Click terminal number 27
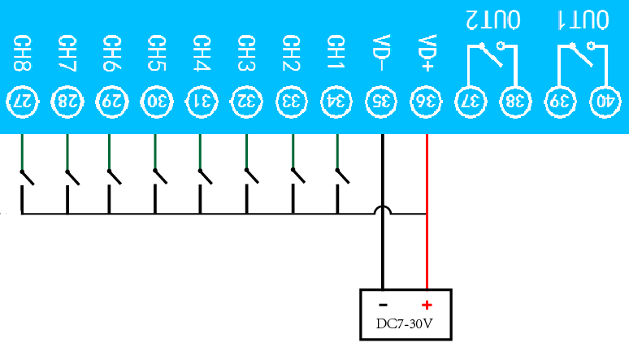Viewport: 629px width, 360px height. pyautogui.click(x=22, y=101)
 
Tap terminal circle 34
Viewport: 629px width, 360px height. pyautogui.click(x=336, y=101)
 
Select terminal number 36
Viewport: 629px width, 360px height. pyautogui.click(x=426, y=101)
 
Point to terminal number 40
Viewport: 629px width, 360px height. pyautogui.click(x=605, y=101)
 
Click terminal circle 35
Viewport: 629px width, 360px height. pyautogui.click(x=381, y=101)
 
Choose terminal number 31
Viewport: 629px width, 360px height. pyautogui.click(x=202, y=101)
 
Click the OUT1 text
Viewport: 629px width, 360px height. pyautogui.click(x=583, y=18)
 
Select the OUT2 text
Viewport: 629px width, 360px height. pyautogui.click(x=492, y=18)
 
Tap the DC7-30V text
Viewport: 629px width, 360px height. pyautogui.click(x=404, y=324)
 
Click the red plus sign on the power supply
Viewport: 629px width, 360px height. pyautogui.click(x=426, y=306)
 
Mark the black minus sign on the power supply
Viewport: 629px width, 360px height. pyautogui.click(x=383, y=306)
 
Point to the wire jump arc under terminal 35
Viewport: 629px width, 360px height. pyautogui.click(x=382, y=210)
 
